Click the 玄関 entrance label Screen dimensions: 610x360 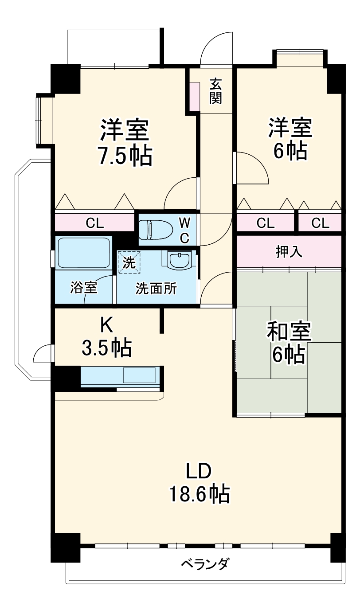(215, 91)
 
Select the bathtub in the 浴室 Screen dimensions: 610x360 (83, 252)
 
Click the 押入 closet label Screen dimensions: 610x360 (289, 252)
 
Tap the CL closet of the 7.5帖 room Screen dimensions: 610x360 (94, 223)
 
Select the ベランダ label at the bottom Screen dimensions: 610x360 (205, 564)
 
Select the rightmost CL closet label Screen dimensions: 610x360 (320, 223)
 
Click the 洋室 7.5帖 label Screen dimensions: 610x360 (124, 142)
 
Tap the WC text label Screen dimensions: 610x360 (184, 230)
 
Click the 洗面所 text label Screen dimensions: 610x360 (156, 289)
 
